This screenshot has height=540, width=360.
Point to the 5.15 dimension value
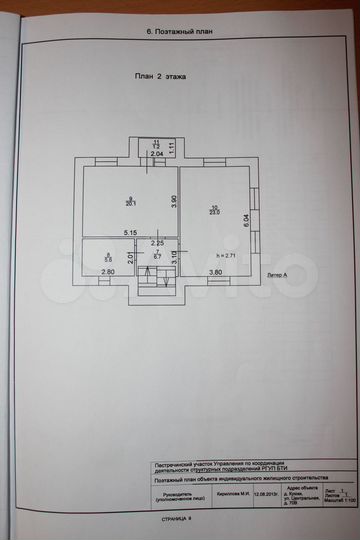pos(130,233)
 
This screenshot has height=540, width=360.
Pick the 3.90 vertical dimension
pos(173,201)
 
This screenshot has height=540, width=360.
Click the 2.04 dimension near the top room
pos(157,155)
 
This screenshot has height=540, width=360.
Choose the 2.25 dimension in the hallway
pos(157,243)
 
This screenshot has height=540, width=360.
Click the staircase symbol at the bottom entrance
pos(157,284)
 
